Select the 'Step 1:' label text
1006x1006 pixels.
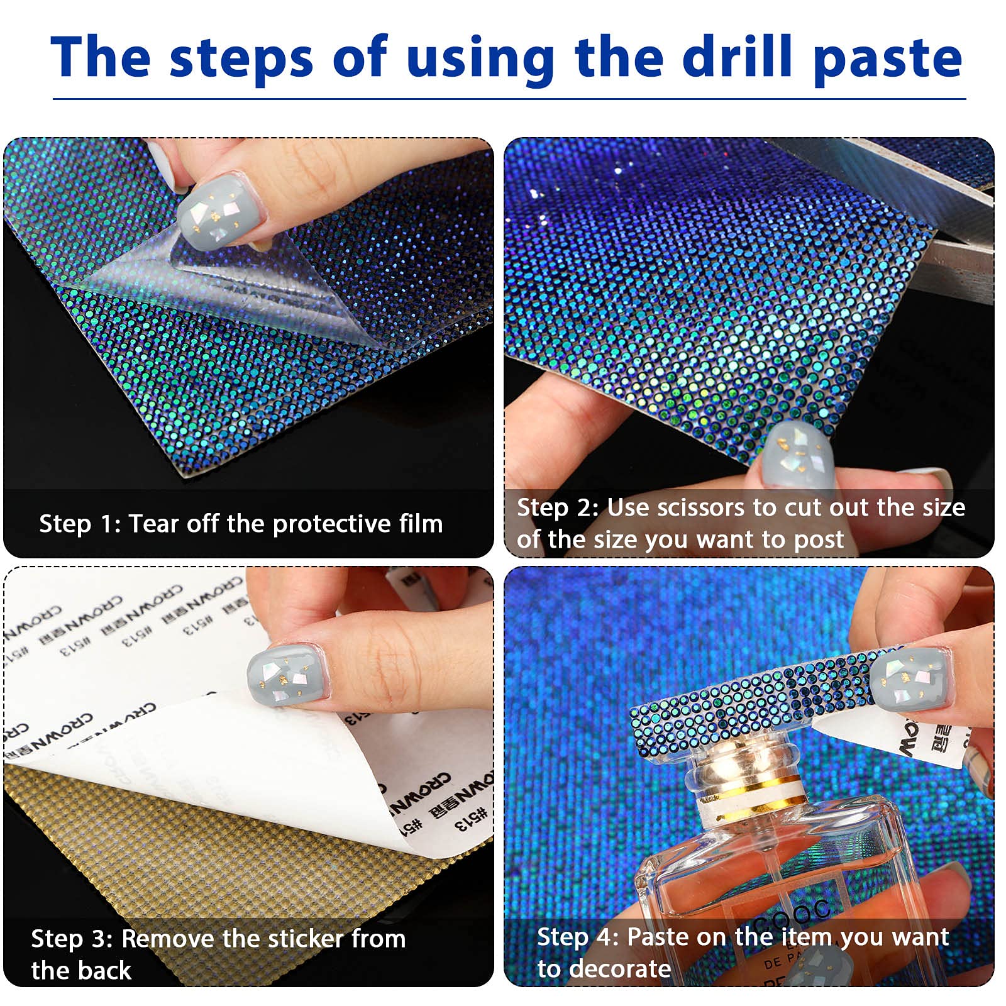coord(79,524)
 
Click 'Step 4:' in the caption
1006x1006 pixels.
coord(577,937)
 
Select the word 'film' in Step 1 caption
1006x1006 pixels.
coord(421,524)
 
